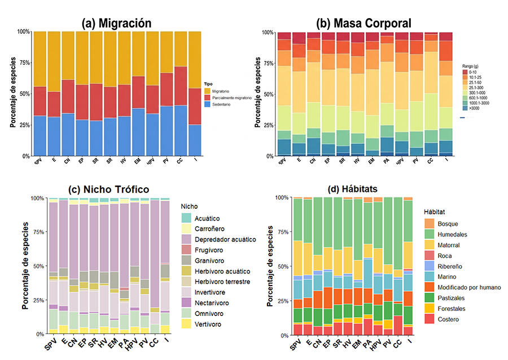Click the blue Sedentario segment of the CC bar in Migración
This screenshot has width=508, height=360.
[180, 130]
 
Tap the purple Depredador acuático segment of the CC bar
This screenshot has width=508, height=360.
[155, 254]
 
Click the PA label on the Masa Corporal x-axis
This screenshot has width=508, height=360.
[386, 163]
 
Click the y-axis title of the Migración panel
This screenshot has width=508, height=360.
[12, 94]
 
